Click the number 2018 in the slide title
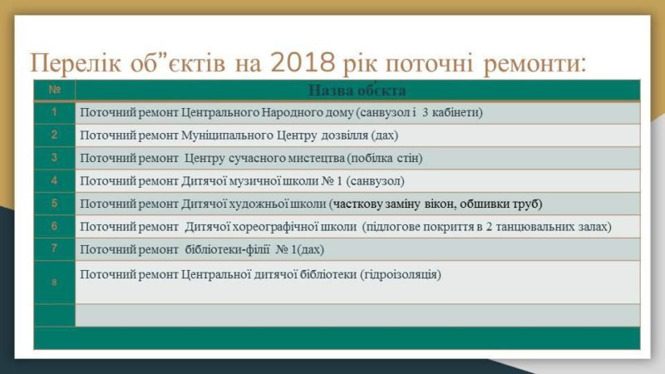[303, 63]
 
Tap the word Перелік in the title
[75, 64]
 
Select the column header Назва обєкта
[357, 91]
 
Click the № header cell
[55, 90]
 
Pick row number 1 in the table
[54, 112]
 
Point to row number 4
[54, 180]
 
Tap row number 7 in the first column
[54, 248]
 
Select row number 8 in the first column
[54, 282]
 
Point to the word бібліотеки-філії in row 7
[227, 250]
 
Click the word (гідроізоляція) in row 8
[401, 275]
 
